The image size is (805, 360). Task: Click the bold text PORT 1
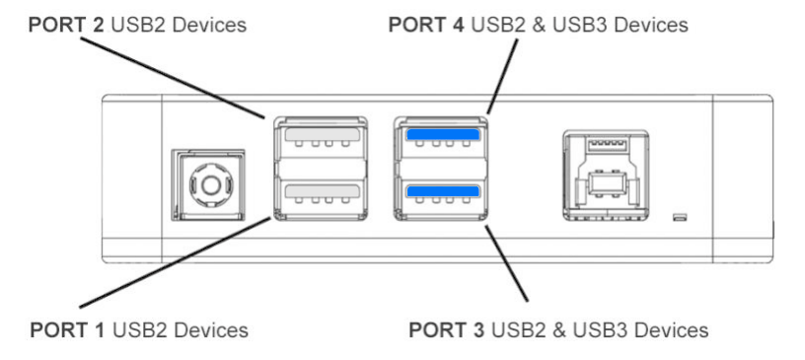[x=68, y=329]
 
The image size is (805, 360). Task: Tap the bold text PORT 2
[x=66, y=25]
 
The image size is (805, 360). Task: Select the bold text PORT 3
[x=446, y=329]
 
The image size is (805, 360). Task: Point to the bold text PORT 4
[x=425, y=25]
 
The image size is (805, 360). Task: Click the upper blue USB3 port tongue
[x=443, y=134]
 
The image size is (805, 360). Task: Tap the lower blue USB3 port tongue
[x=443, y=191]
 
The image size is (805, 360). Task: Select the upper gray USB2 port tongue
[x=322, y=134]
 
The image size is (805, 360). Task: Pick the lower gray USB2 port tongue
[x=322, y=191]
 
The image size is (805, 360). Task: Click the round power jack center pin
[x=210, y=184]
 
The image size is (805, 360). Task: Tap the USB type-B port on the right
[x=606, y=176]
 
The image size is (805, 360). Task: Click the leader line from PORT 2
[x=173, y=78]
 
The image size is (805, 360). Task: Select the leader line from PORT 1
[x=175, y=262]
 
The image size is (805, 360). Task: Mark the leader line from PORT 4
[x=502, y=76]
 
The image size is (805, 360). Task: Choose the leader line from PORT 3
[x=506, y=262]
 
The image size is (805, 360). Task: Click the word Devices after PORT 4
[x=650, y=25]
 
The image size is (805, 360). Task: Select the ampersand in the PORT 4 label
[x=539, y=25]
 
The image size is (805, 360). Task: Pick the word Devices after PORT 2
[x=209, y=25]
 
